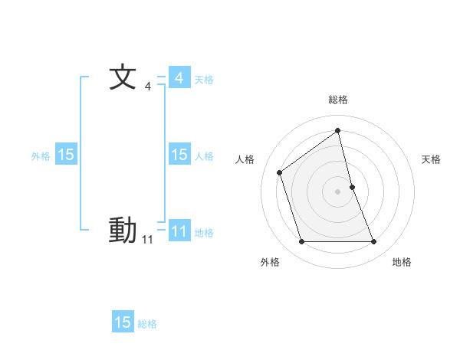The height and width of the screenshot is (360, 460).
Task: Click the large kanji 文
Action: coord(123,78)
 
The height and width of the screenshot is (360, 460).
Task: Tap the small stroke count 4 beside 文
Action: coord(148,87)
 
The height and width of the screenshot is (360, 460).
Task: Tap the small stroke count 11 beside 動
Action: coord(147,240)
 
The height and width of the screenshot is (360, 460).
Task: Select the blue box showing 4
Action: coord(179,78)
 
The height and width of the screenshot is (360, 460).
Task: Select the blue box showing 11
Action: coord(179,231)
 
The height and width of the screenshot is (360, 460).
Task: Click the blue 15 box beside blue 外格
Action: coord(66,155)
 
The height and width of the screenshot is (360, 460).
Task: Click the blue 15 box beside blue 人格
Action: coord(179,155)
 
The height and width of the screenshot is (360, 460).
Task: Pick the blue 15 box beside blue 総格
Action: coord(123,322)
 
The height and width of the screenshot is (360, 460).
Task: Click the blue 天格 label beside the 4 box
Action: coord(204,79)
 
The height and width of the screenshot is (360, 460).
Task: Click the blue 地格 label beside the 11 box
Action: coord(204,232)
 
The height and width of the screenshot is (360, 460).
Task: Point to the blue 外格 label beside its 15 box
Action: coord(41,155)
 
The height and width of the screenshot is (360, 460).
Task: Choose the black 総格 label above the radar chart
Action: coord(338,100)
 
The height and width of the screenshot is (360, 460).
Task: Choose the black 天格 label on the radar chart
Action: coord(431,159)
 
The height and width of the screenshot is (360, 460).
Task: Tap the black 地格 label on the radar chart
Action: coord(402,262)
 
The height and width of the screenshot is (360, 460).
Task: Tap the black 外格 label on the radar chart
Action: coord(270,262)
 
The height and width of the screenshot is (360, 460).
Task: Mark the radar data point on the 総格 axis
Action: coord(338,131)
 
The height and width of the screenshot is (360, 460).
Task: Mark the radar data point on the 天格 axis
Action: coord(352,186)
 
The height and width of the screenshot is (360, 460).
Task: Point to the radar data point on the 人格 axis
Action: coord(280,172)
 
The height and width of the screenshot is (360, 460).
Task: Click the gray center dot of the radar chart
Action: coord(338,191)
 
